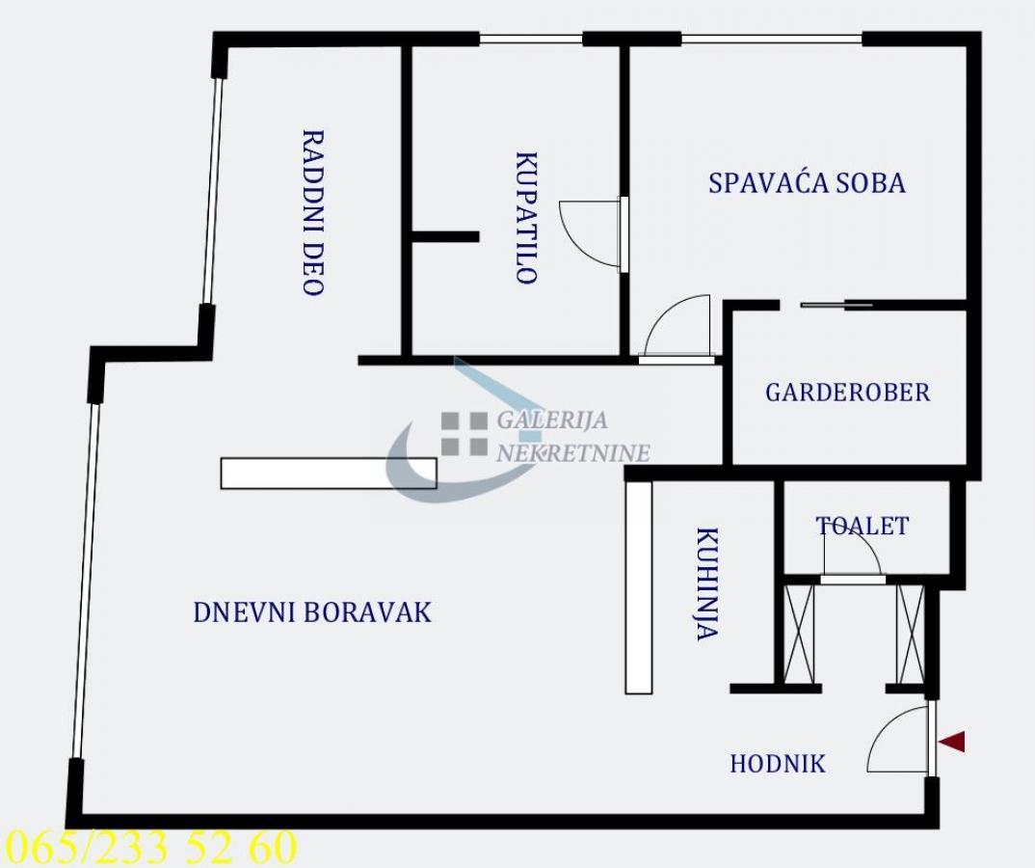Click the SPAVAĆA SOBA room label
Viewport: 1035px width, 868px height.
click(807, 182)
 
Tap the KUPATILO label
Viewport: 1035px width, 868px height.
click(526, 218)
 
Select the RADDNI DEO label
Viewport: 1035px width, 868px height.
click(313, 212)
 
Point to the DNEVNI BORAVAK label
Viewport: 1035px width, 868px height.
click(312, 612)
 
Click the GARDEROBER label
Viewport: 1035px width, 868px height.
click(847, 393)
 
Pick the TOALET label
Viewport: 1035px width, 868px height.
click(862, 526)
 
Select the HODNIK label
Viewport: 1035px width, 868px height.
click(778, 764)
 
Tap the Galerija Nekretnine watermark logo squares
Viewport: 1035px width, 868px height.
click(464, 433)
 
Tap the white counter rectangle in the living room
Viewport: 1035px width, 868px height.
click(328, 473)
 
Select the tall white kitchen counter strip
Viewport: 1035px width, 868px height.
click(638, 587)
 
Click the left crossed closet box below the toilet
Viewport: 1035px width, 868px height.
click(798, 635)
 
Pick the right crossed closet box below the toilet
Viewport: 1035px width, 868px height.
click(911, 635)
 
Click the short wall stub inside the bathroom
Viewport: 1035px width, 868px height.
click(445, 236)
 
